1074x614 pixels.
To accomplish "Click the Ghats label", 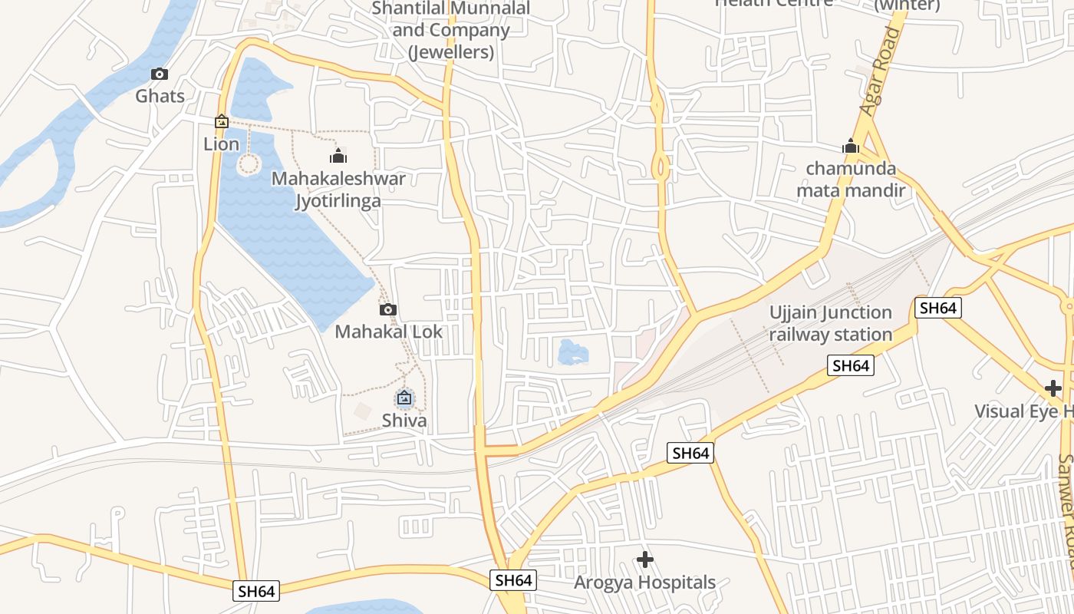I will coord(160,96).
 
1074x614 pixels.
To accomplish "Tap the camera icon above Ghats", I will coord(160,74).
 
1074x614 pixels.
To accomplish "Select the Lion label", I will coord(222,144).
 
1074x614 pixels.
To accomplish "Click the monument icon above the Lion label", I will coord(222,121).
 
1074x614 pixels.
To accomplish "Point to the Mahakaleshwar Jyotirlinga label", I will coord(339,190).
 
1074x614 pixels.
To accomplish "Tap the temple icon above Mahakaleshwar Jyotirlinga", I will coord(338,157).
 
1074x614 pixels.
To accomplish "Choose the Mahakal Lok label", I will coord(389,332).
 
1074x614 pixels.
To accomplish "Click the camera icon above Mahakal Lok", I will coord(388,309).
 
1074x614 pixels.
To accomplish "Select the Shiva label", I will coord(404,421).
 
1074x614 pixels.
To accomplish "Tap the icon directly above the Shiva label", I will coord(404,398).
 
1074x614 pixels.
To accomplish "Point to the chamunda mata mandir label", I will coord(851,179).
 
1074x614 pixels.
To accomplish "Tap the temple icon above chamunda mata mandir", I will coord(850,146).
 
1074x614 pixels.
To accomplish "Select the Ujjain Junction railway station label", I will coord(831,323).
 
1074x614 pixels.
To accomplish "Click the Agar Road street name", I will coord(879,71).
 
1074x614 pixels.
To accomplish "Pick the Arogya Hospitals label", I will coord(645,583).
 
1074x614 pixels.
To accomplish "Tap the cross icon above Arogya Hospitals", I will coord(645,560).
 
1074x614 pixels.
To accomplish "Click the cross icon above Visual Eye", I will coord(1053,388).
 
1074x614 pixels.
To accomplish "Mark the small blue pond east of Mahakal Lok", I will coord(573,352).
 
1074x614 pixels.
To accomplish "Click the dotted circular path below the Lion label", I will coord(249,163).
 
